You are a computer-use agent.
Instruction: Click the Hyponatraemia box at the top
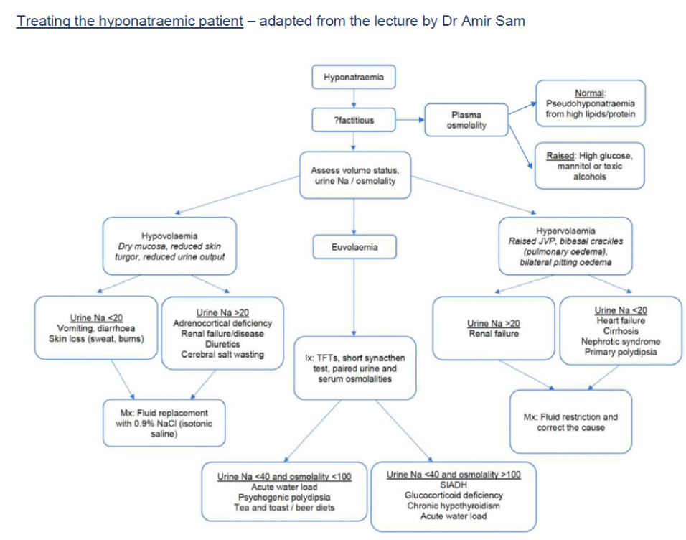point(353,77)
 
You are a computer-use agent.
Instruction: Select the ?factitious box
point(353,120)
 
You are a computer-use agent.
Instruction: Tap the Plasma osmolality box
point(466,120)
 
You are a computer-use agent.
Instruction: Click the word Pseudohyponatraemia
point(589,103)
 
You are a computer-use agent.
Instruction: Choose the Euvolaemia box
point(354,247)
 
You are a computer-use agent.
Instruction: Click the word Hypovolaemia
point(169,236)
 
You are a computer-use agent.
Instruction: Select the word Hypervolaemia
point(565,231)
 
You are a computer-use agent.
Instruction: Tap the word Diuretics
point(222,344)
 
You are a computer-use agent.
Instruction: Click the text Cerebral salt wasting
point(222,354)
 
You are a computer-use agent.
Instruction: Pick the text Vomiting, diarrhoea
point(95,328)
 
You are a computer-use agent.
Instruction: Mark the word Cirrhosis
point(621,332)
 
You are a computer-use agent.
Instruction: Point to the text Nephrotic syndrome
point(621,342)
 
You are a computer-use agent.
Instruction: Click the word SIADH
point(454,485)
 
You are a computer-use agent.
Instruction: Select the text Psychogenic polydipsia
point(285,497)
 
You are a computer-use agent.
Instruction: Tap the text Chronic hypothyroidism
point(454,506)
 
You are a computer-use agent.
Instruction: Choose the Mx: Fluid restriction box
point(570,422)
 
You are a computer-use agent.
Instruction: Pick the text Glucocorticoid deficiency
point(454,495)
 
